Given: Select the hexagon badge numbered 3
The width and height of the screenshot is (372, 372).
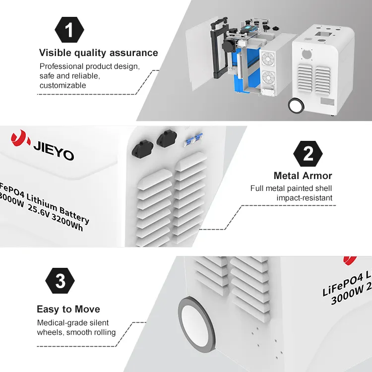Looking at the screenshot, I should (60, 282).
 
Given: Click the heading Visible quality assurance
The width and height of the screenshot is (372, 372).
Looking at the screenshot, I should (98, 53).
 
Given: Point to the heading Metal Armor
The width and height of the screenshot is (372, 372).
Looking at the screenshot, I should (303, 176).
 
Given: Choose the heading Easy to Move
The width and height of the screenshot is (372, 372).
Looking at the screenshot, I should (68, 310).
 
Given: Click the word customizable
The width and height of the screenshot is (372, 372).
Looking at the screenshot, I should (62, 85).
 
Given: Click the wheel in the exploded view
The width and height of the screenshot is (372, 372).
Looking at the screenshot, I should (296, 105).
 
